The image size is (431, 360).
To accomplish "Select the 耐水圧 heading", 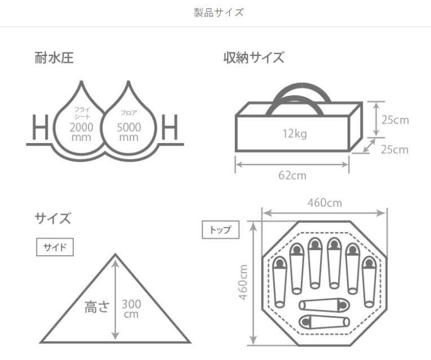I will click(54, 57).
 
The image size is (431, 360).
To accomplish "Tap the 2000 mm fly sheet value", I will click(82, 132).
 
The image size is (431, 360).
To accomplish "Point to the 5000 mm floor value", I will click(129, 132).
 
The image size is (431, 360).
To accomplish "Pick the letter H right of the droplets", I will click(169, 128).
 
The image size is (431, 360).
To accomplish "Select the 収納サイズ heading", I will click(254, 57).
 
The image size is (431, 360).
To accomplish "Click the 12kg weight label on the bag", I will click(295, 134).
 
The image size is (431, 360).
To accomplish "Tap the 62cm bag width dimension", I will click(292, 175).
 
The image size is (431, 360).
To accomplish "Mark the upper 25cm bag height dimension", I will click(394, 120).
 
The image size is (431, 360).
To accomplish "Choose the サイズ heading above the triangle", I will click(53, 218).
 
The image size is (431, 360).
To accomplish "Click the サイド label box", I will click(55, 247).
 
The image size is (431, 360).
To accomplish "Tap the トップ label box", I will click(220, 230).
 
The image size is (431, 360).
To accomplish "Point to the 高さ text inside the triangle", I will click(96, 307).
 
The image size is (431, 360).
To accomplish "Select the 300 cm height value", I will click(131, 309).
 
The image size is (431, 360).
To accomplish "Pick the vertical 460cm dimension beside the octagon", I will click(243, 282).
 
